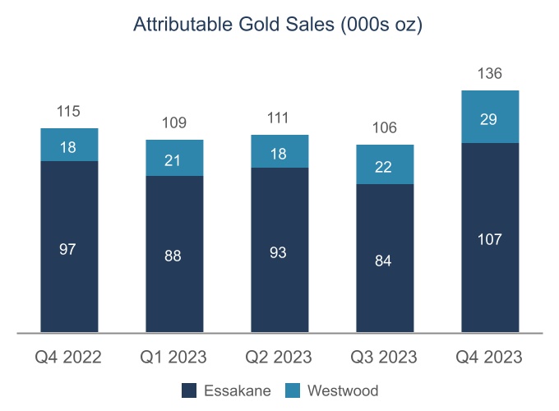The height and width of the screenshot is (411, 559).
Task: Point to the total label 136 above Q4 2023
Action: click(490, 74)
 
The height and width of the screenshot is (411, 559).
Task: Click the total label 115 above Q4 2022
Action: click(69, 112)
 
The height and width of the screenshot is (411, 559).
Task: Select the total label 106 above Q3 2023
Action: click(385, 127)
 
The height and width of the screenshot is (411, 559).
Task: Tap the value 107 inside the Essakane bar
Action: click(490, 239)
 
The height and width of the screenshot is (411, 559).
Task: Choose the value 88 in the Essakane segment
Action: click(174, 256)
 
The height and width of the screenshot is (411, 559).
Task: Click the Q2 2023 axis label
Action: click(279, 358)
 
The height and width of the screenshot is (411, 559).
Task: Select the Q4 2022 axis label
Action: click(68, 358)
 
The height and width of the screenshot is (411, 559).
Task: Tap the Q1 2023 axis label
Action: click(173, 358)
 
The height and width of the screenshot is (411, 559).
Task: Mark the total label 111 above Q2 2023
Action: click(279, 118)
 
